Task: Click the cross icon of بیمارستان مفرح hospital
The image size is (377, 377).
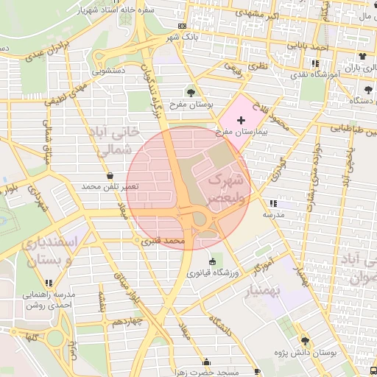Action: coord(242,119)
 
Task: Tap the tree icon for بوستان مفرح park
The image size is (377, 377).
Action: coord(191,93)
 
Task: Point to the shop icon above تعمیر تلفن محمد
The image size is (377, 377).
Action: coord(110,176)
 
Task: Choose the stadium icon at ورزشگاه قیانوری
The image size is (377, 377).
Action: coord(214,261)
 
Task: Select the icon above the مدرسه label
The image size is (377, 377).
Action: coord(274,202)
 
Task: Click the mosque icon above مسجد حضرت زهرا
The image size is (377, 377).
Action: coord(206,362)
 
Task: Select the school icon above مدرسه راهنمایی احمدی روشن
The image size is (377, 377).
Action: coord(49,282)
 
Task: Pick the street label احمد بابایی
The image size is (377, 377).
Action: coord(309,46)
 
